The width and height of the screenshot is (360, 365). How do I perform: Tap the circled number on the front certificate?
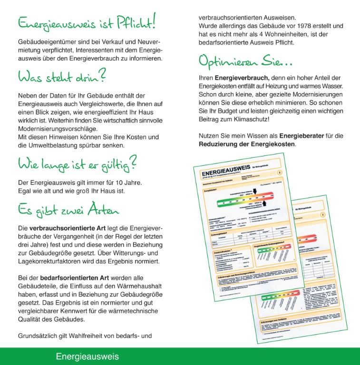click(279, 173)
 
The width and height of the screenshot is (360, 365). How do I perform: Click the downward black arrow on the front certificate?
click(254, 191)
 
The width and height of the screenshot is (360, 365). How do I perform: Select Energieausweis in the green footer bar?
click(87, 356)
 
